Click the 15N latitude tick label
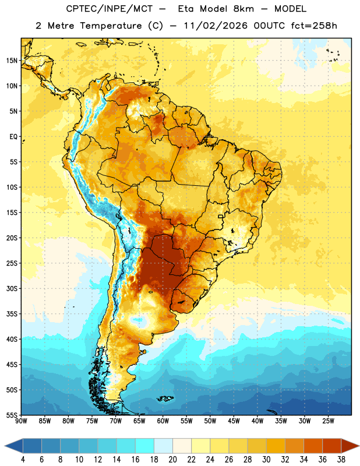(x=12, y=61)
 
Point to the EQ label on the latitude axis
(x=13, y=137)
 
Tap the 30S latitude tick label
(x=12, y=288)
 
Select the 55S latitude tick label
(x=12, y=415)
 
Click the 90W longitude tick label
(x=22, y=421)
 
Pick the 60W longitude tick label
(x=163, y=421)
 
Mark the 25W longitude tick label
(x=328, y=421)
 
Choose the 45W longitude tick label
(x=234, y=421)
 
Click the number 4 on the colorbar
(x=23, y=460)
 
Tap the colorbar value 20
(x=172, y=460)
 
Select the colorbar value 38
(x=341, y=460)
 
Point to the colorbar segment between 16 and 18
(x=145, y=446)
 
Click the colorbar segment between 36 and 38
(x=332, y=446)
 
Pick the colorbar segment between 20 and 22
(x=182, y=446)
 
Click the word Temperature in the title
(x=111, y=26)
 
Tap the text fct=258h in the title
(x=314, y=26)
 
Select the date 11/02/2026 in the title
(x=216, y=26)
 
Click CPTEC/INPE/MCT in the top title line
(x=109, y=9)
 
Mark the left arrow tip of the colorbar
(x=5, y=446)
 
